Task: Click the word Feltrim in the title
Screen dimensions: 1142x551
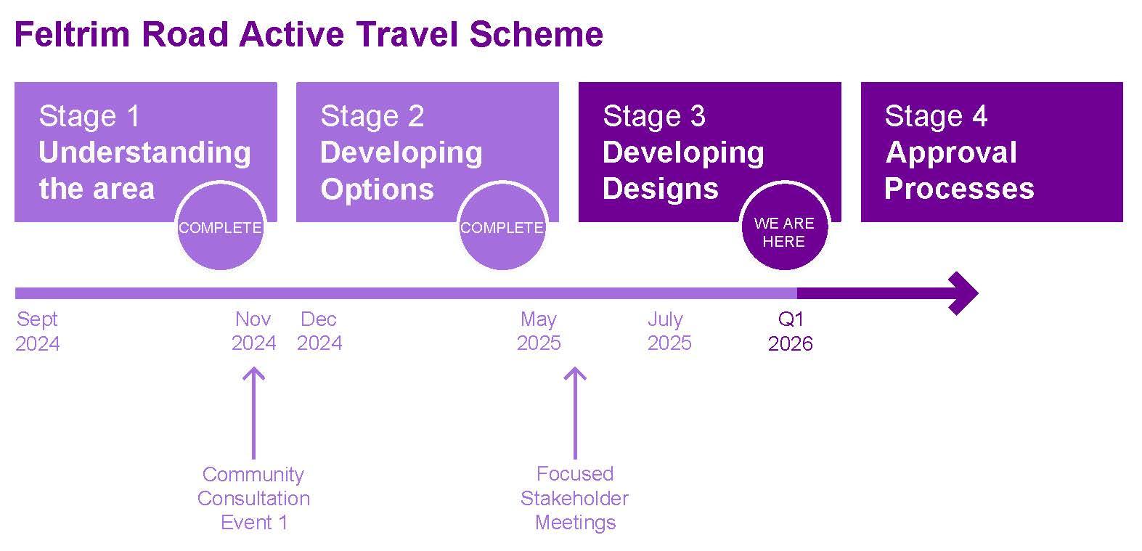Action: [x=73, y=35]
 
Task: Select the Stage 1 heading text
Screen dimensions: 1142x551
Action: [x=89, y=116]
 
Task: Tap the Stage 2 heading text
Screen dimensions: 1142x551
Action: [x=372, y=116]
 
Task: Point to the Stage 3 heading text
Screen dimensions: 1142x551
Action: [x=654, y=116]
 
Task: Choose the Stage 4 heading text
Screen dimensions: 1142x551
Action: [x=936, y=116]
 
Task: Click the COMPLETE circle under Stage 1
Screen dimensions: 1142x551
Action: [x=220, y=226]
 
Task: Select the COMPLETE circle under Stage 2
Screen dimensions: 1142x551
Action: [x=502, y=226]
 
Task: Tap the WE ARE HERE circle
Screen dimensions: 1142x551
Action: [x=784, y=226]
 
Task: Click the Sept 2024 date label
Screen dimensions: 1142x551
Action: [x=37, y=331]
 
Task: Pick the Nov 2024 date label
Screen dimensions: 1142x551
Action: [x=253, y=331]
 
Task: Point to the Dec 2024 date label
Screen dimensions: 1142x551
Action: [x=319, y=331]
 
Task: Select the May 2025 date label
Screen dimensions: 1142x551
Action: [x=539, y=331]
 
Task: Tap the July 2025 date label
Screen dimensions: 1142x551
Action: [x=669, y=331]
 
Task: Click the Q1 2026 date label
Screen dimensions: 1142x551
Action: [x=790, y=331]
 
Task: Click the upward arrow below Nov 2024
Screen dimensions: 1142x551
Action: [x=253, y=413]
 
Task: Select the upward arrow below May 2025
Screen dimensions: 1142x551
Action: [x=575, y=413]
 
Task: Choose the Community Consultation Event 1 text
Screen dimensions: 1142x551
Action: [x=253, y=498]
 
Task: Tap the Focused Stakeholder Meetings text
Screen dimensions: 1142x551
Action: [x=574, y=498]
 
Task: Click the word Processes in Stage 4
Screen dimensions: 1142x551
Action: [x=959, y=189]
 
